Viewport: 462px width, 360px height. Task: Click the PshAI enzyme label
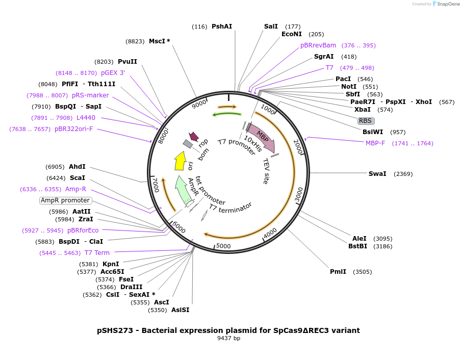point(221,26)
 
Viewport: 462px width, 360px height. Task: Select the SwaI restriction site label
point(377,174)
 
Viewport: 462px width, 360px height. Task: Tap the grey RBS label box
point(365,121)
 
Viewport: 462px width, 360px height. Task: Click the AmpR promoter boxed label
point(65,200)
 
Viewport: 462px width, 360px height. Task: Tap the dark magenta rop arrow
point(193,136)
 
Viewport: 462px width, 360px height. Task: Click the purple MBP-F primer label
point(375,143)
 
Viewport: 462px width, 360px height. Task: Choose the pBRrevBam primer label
point(318,45)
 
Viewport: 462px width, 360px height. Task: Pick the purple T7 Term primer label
point(97,252)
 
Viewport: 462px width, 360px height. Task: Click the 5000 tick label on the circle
point(224,246)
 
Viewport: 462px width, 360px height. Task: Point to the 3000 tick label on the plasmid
point(299,193)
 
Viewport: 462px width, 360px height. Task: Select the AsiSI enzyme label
point(180,310)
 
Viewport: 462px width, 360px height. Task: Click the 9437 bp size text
point(228,338)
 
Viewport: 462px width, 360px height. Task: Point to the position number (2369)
point(403,174)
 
